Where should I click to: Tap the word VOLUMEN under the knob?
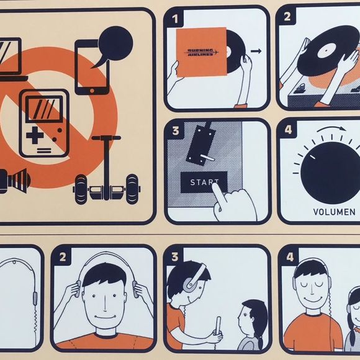335,212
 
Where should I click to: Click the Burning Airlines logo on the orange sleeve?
201,52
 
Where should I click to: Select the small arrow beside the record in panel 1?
256,51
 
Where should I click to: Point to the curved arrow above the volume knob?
331,128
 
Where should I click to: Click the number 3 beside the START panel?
176,131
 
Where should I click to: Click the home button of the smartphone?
92,91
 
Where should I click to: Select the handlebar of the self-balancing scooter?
106,138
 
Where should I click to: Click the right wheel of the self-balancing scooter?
132,189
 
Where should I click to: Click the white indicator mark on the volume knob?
313,157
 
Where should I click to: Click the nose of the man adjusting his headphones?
104,304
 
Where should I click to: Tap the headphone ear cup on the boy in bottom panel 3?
191,284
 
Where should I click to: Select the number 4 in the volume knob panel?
288,130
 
